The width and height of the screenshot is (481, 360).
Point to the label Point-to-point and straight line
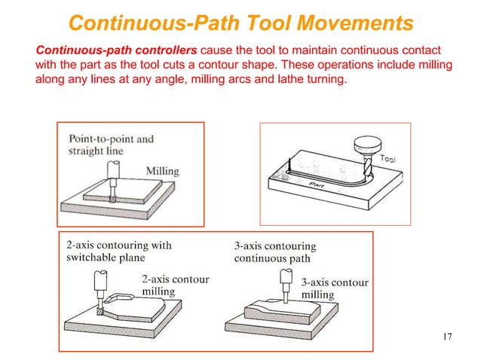(x=111, y=145)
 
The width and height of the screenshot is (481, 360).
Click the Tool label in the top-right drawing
(x=388, y=159)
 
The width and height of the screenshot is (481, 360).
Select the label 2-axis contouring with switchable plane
(x=118, y=251)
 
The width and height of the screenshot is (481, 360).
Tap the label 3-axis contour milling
(x=334, y=288)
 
